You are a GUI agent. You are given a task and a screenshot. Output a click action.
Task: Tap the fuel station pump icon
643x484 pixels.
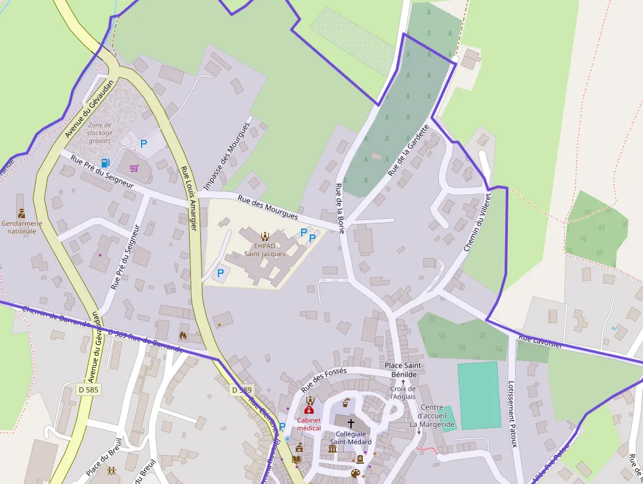tap(104, 163)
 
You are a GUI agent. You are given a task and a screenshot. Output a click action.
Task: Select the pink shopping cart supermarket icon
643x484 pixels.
tap(134, 168)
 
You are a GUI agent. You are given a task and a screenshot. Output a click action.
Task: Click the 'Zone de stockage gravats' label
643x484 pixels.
tap(100, 133)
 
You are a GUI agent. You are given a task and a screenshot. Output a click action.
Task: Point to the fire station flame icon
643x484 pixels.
tap(182, 335)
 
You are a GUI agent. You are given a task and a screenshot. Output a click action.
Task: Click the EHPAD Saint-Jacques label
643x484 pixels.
tap(264, 249)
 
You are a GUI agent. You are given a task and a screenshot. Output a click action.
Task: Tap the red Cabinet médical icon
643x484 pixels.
tap(309, 409)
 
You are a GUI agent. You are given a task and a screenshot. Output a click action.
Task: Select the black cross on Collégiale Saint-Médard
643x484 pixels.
tap(350, 423)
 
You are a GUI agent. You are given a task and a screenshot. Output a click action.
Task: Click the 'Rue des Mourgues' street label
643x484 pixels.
tap(268, 207)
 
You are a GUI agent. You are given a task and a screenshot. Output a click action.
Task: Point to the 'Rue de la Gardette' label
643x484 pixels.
tap(407, 150)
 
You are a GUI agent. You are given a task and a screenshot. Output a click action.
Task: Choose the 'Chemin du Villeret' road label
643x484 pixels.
tap(477, 222)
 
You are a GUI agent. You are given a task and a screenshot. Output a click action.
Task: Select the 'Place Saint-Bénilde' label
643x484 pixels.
tap(404, 369)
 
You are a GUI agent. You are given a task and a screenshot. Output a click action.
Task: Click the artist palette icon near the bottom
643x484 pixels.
tap(355, 473)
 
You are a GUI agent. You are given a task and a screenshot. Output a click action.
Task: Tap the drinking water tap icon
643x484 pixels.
tap(287, 438)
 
